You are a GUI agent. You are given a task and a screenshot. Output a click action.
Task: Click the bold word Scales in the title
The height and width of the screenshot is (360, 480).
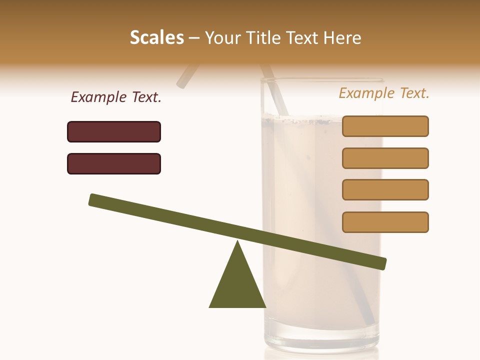pos(157,38)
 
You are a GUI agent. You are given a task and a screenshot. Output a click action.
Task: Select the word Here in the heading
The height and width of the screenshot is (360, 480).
pos(342,38)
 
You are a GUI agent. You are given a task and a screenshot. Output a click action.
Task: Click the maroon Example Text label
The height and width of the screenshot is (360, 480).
pos(116,97)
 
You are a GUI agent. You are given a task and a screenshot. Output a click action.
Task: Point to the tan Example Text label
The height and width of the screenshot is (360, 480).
pos(384,93)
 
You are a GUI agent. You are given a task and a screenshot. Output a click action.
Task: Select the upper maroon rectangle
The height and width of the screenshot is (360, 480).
pos(114,131)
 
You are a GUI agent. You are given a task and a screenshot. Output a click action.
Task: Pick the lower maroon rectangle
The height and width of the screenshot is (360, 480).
pos(114,163)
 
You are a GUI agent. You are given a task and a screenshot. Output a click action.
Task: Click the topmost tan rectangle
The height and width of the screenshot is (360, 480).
pos(385,126)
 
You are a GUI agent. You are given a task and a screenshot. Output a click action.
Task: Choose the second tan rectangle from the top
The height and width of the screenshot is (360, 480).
pos(385,158)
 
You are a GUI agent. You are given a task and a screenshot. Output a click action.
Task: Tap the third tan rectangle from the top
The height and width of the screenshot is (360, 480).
pos(385,189)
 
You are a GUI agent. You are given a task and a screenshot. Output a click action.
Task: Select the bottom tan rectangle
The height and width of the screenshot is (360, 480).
pos(385,222)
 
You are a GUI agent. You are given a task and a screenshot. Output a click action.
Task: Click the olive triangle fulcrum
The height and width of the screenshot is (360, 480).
pos(237,285)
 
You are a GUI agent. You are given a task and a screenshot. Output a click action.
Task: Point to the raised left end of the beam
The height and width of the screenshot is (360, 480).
pos(93,199)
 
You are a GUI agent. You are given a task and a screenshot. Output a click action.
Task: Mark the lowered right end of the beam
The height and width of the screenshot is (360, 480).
pos(382,263)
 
